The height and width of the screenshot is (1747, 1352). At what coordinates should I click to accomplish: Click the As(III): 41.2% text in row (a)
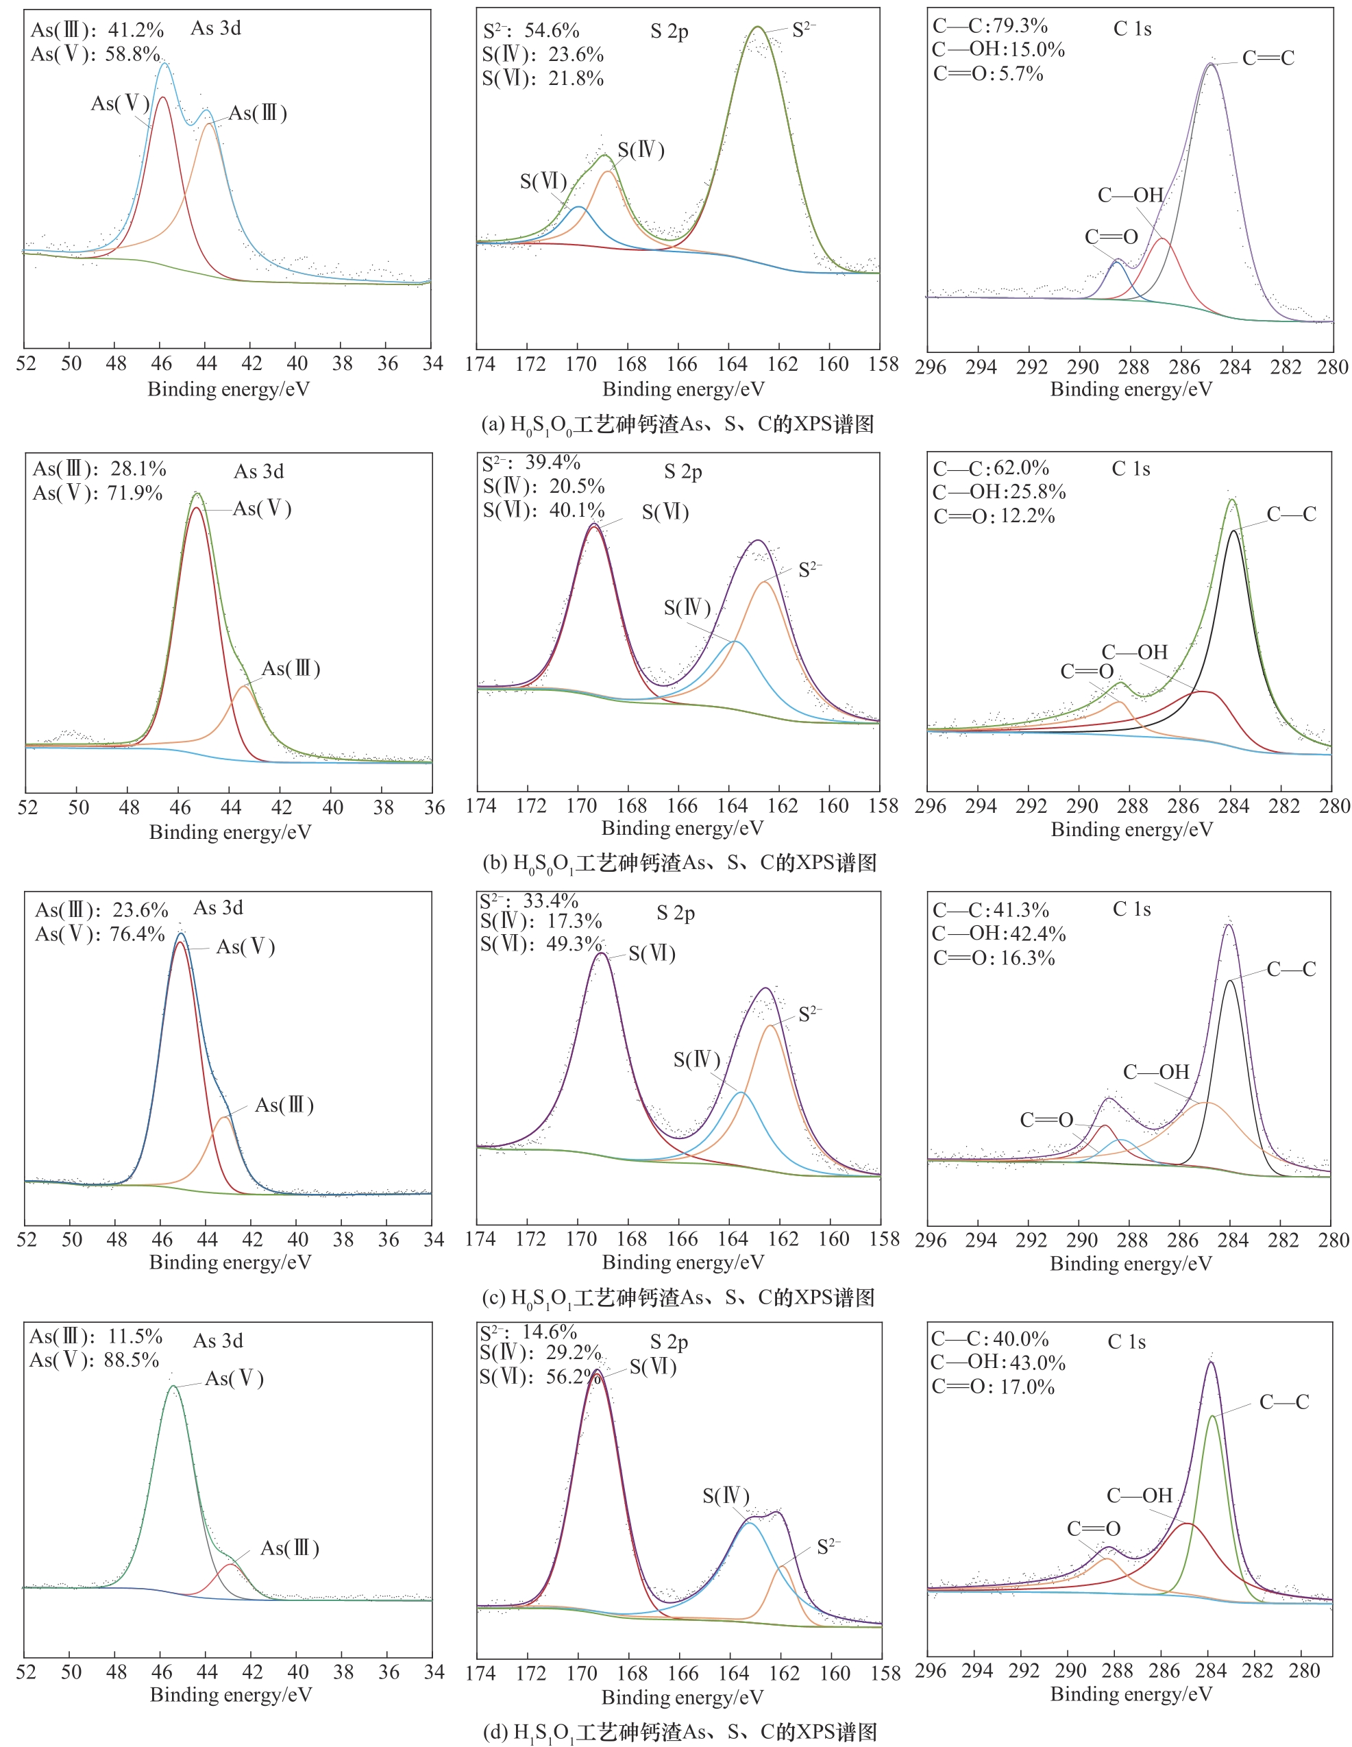(97, 30)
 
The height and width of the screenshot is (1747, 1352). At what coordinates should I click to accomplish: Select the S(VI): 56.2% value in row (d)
(541, 1377)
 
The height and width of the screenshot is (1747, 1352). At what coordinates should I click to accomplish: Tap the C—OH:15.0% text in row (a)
(998, 49)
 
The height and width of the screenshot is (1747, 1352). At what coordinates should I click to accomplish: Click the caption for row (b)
(680, 863)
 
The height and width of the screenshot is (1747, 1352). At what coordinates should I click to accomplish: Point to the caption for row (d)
(680, 1732)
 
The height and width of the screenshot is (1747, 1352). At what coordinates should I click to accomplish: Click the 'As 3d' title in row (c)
(219, 908)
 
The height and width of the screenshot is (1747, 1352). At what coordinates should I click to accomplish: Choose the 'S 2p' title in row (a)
(669, 32)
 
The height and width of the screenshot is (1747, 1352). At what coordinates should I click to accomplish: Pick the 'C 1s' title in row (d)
(1127, 1341)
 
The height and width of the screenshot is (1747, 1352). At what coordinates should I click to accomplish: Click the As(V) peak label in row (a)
(120, 103)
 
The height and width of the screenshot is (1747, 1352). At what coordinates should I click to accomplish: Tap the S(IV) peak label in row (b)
(687, 607)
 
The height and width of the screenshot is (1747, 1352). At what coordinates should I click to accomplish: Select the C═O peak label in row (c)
(1046, 1120)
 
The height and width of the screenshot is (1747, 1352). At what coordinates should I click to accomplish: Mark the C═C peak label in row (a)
(1268, 58)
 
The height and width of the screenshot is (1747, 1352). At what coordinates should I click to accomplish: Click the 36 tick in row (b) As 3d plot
(434, 807)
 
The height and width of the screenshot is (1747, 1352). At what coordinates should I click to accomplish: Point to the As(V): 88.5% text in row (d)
(95, 1360)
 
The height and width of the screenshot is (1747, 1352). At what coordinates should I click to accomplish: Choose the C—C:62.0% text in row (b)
(990, 468)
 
